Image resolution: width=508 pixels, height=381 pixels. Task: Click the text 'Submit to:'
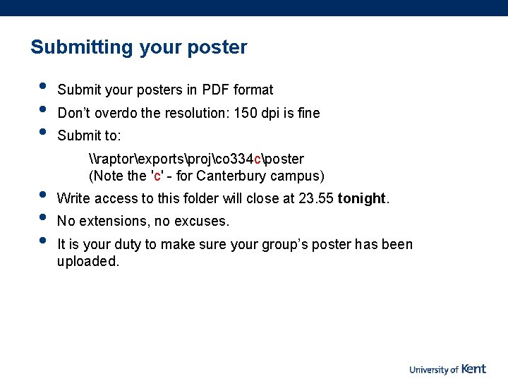pyautogui.click(x=89, y=135)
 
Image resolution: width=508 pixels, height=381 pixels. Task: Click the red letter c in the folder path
pyautogui.click(x=258, y=159)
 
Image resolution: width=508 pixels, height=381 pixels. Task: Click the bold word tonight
pyautogui.click(x=362, y=199)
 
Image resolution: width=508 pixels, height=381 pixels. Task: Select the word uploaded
pyautogui.click(x=87, y=262)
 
